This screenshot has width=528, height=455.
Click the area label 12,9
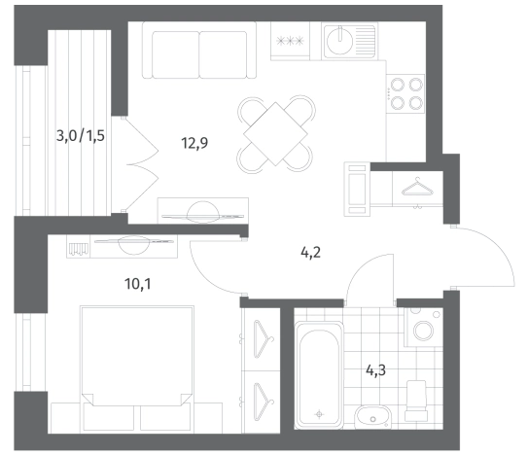(194, 143)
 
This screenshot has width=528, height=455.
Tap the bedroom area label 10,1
(138, 284)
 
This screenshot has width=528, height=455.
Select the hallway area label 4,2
(310, 252)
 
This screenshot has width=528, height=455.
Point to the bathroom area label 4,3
(375, 370)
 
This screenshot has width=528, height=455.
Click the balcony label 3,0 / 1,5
(81, 136)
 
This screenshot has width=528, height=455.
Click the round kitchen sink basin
(339, 41)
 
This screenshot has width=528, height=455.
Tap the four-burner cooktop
(405, 93)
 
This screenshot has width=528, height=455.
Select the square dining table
(275, 134)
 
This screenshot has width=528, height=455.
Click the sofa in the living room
(199, 51)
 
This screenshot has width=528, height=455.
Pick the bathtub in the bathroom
(319, 374)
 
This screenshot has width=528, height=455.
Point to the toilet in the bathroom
(416, 401)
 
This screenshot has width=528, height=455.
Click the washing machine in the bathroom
(423, 328)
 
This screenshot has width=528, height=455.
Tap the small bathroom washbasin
(373, 417)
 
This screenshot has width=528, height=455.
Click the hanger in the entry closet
(417, 187)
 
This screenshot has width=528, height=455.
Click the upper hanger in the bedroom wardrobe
(264, 338)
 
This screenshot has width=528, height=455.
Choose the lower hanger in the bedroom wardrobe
(264, 402)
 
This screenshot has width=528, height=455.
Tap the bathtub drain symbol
(319, 414)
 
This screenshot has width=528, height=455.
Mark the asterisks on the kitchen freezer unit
(290, 41)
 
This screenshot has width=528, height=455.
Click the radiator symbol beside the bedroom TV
(78, 249)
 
